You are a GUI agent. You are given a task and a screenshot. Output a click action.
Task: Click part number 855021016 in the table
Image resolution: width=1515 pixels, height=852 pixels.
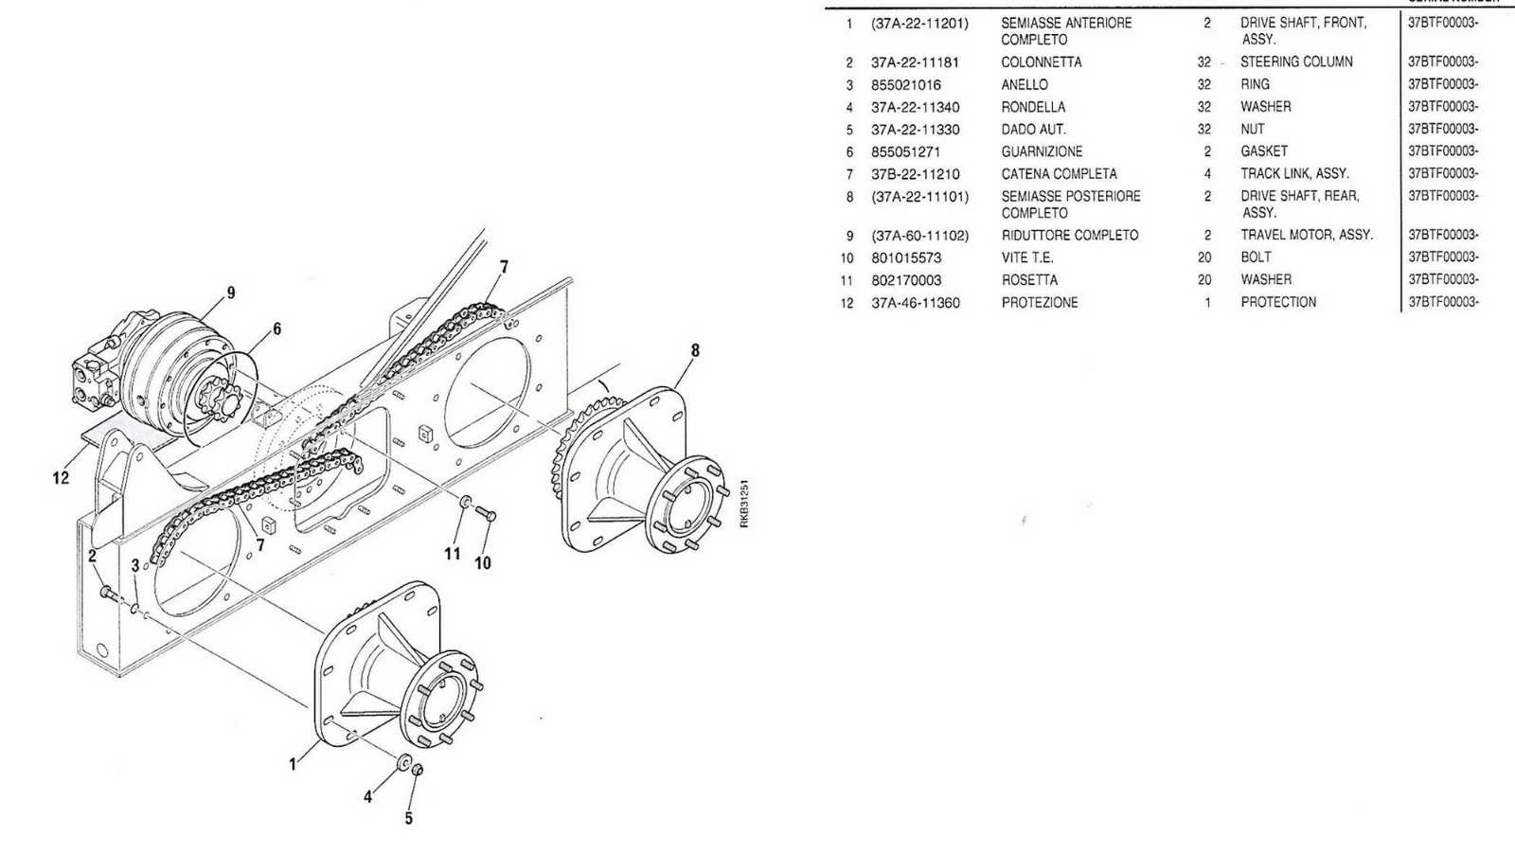tap(905, 85)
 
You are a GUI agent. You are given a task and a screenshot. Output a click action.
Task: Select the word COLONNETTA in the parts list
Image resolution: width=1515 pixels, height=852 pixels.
tap(1041, 62)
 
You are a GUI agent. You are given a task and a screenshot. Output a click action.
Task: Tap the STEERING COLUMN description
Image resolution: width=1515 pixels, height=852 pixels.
tap(1296, 62)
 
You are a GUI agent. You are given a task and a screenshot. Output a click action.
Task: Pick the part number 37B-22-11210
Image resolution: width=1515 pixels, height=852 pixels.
tap(915, 174)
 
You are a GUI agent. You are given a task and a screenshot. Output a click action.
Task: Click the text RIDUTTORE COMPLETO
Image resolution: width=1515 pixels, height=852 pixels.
tap(1069, 236)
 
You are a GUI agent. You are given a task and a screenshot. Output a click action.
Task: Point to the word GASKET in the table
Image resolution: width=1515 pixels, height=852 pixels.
tap(1263, 151)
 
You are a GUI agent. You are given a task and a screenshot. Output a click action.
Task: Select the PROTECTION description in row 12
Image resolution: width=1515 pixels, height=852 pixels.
tap(1278, 302)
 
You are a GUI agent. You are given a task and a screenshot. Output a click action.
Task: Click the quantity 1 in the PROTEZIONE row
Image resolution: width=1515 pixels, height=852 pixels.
tap(1207, 302)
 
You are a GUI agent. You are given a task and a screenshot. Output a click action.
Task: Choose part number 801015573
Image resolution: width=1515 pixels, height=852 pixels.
tap(906, 257)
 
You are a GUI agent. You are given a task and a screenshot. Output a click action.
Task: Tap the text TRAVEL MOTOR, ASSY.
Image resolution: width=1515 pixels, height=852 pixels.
tap(1306, 235)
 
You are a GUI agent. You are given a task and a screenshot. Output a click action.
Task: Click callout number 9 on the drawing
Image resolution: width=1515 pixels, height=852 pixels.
tap(231, 293)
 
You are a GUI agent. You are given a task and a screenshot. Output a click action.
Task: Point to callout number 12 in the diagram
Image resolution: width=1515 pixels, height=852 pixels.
tap(61, 478)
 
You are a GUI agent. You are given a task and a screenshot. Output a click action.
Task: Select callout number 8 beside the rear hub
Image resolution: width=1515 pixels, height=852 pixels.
tap(695, 350)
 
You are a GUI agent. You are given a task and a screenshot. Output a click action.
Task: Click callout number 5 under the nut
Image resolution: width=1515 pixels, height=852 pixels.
tap(408, 818)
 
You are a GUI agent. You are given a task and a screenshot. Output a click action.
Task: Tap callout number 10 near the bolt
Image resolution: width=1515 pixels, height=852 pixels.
tap(483, 562)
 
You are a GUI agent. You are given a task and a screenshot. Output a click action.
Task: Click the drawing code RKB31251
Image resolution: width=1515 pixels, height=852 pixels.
tap(744, 503)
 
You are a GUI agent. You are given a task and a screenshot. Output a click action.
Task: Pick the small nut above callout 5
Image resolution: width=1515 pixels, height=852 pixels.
tap(418, 770)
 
